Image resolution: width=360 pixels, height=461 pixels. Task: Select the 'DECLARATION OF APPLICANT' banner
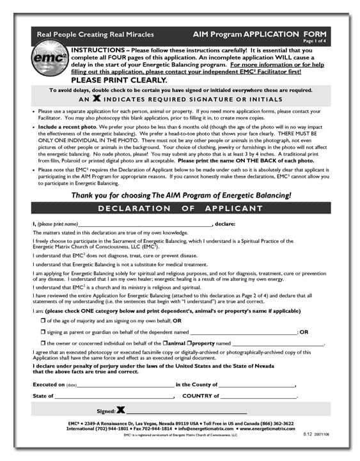click(x=180, y=208)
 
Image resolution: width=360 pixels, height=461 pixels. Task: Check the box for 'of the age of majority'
click(x=42, y=320)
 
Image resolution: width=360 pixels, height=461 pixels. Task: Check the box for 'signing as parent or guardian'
click(x=42, y=331)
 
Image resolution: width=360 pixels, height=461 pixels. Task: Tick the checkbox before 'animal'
click(x=165, y=343)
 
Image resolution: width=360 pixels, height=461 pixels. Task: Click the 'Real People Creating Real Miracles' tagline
click(x=77, y=35)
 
